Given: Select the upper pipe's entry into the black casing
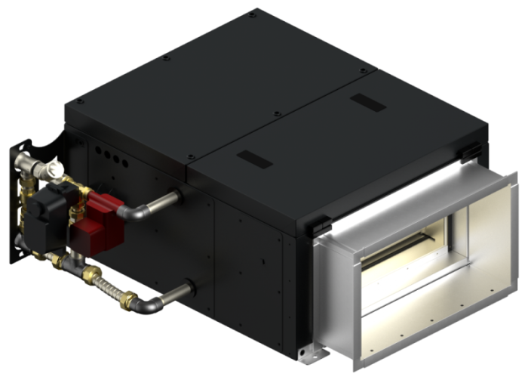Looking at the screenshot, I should pos(178,197).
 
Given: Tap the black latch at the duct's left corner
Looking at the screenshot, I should pos(319,224).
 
